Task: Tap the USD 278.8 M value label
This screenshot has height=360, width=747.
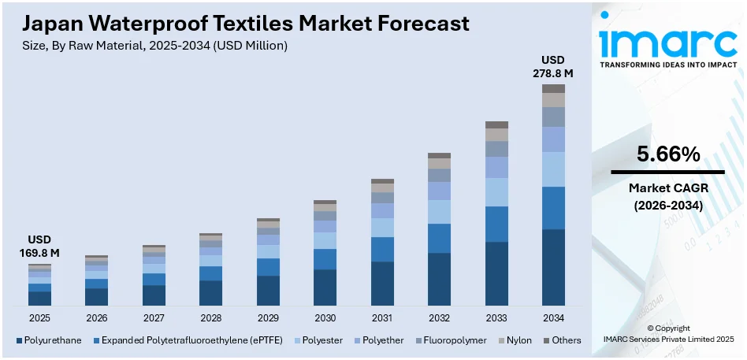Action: tap(552, 66)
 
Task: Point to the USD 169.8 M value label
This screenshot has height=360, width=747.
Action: tap(39, 246)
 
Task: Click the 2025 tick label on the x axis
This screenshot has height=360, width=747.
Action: tap(39, 317)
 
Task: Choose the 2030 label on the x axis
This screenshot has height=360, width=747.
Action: tap(325, 317)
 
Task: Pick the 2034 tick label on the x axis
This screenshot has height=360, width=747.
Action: tap(553, 317)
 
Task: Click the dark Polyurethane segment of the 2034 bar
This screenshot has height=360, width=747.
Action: tap(553, 267)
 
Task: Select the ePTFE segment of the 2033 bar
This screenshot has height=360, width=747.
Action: tap(496, 224)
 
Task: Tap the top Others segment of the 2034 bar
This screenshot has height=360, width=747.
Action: tap(553, 88)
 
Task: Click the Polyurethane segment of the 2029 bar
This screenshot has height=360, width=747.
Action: tap(268, 290)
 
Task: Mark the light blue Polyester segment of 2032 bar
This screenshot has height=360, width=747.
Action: tap(439, 211)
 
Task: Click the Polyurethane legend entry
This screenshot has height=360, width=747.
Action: tap(49, 340)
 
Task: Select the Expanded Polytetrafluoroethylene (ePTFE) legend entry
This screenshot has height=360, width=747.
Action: tap(189, 340)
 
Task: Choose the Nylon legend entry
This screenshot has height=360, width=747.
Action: tap(515, 340)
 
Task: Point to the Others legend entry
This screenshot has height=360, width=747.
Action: tap(563, 340)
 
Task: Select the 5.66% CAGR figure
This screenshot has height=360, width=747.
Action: tap(667, 155)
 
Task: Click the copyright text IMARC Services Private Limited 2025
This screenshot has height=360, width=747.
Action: tap(667, 339)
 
